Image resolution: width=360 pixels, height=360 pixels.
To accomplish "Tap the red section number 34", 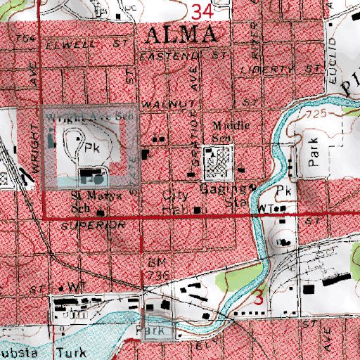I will point(201,10).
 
